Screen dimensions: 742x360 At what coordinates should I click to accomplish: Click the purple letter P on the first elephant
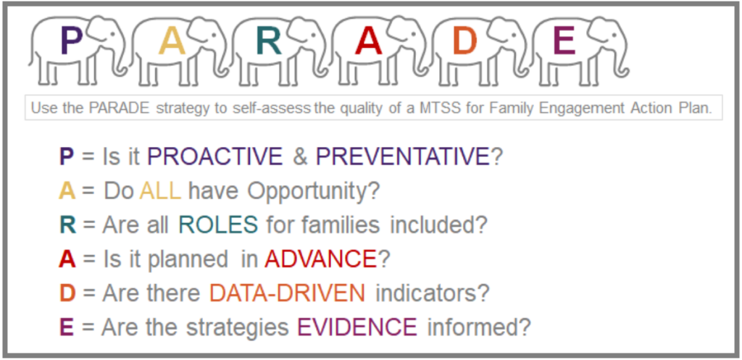tap(70, 40)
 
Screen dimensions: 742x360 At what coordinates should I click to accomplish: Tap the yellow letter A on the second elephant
tap(172, 40)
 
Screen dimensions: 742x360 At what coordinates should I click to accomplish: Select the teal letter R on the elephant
tap(268, 40)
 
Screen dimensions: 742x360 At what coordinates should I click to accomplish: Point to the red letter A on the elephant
tap(368, 40)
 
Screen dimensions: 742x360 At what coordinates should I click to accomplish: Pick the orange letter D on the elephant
tap(464, 40)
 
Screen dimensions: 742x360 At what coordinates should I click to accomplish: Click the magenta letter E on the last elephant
tap(564, 40)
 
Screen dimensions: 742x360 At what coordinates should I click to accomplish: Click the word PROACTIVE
tap(215, 157)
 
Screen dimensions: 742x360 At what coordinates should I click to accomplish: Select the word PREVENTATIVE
tap(403, 157)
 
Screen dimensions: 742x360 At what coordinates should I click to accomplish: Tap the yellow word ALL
tap(160, 191)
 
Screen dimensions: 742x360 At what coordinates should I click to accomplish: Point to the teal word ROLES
tap(218, 225)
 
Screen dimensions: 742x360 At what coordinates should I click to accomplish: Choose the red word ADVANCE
tap(320, 259)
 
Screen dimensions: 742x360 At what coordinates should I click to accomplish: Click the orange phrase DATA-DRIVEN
tap(287, 293)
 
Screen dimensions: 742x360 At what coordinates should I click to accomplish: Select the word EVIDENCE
tap(357, 327)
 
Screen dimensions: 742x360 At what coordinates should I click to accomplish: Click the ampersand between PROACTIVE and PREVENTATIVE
tap(299, 157)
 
